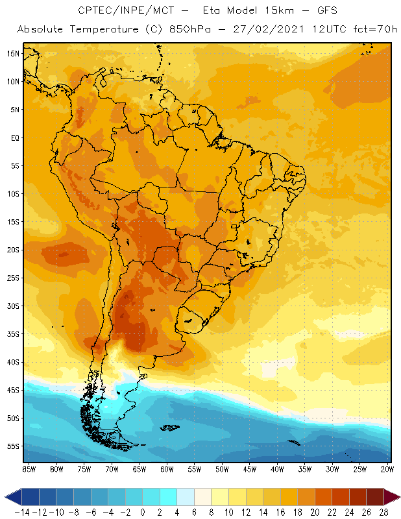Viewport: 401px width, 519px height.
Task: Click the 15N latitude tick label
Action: click(x=12, y=53)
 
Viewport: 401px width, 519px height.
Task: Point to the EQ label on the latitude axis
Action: click(x=14, y=138)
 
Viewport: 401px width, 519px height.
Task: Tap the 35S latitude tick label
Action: click(x=12, y=334)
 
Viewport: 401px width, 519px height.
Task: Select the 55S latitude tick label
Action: click(x=12, y=446)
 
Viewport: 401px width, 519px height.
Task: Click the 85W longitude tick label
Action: click(x=29, y=469)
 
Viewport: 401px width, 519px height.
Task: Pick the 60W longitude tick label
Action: click(x=167, y=469)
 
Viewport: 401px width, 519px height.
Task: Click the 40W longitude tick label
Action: click(x=277, y=469)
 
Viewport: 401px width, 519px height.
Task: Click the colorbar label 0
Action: click(x=143, y=513)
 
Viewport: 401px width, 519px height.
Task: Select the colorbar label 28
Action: click(x=383, y=513)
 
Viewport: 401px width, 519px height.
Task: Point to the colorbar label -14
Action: click(x=21, y=513)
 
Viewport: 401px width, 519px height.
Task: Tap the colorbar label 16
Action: click(x=280, y=513)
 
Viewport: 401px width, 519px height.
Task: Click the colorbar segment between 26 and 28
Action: click(x=374, y=498)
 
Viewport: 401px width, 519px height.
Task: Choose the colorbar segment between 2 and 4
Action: click(x=169, y=498)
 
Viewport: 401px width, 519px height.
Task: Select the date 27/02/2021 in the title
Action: click(x=275, y=30)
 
